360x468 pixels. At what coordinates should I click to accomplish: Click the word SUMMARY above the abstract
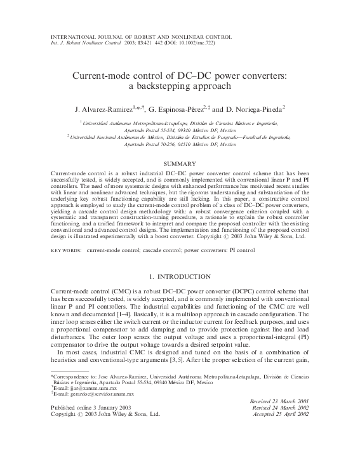pos(180,164)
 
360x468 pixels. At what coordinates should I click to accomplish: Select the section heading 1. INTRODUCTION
pos(180,276)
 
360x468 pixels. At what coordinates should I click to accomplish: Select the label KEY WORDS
pos(65,250)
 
